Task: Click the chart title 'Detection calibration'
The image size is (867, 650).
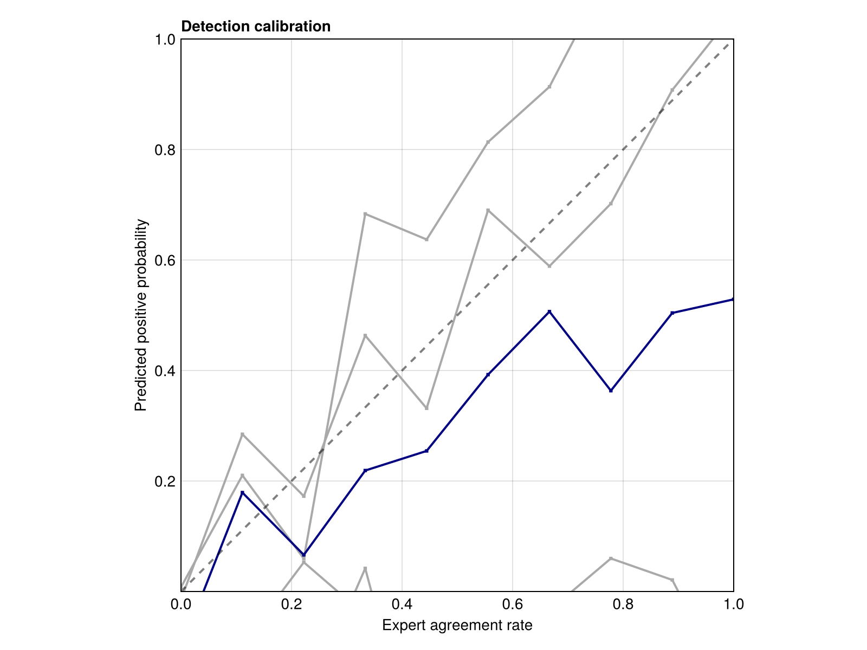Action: pos(256,27)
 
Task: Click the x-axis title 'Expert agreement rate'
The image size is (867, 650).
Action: pos(457,626)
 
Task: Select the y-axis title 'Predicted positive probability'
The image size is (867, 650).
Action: pos(141,315)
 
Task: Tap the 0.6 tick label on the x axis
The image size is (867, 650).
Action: pos(512,604)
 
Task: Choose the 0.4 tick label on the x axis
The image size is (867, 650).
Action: pos(402,604)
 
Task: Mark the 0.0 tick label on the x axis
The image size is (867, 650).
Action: pos(181,604)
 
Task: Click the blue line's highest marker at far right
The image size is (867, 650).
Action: pos(733,299)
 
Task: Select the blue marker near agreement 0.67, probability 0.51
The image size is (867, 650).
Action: pos(549,311)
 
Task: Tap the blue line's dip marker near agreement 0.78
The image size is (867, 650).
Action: pos(611,391)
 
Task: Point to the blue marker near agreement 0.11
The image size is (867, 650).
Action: pos(242,492)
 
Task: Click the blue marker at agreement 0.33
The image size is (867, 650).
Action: pos(365,471)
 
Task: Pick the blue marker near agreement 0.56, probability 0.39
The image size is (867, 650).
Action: pos(488,374)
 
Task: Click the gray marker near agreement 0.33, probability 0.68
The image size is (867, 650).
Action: pos(365,214)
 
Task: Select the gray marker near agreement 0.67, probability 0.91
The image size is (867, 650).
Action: pos(549,87)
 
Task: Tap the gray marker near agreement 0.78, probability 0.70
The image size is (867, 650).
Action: pos(611,204)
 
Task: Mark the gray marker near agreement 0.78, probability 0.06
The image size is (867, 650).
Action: pos(611,558)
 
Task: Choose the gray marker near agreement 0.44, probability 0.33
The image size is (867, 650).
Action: pos(426,408)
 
